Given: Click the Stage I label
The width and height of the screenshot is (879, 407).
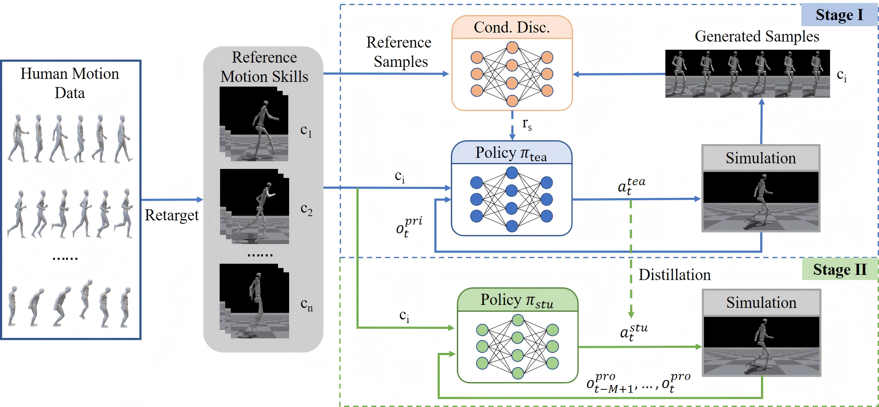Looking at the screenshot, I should click(839, 15).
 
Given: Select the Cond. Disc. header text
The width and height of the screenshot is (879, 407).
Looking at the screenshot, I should click(512, 27).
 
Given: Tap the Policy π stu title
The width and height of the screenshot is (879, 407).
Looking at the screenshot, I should click(517, 300).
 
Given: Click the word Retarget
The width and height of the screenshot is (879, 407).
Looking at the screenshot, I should click(172, 215).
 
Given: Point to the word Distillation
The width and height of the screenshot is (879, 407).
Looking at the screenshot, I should click(675, 275).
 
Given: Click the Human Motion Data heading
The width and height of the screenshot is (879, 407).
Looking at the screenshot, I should click(70, 83).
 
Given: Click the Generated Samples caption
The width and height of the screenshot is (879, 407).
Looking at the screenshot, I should click(757, 36).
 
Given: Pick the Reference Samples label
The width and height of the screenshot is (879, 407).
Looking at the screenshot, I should click(399, 52).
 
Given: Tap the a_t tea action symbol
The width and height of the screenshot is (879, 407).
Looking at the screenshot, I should click(631, 186).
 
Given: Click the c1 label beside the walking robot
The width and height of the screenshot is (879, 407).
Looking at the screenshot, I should click(306, 131).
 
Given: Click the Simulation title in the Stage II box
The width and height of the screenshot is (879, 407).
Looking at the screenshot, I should click(761, 303).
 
